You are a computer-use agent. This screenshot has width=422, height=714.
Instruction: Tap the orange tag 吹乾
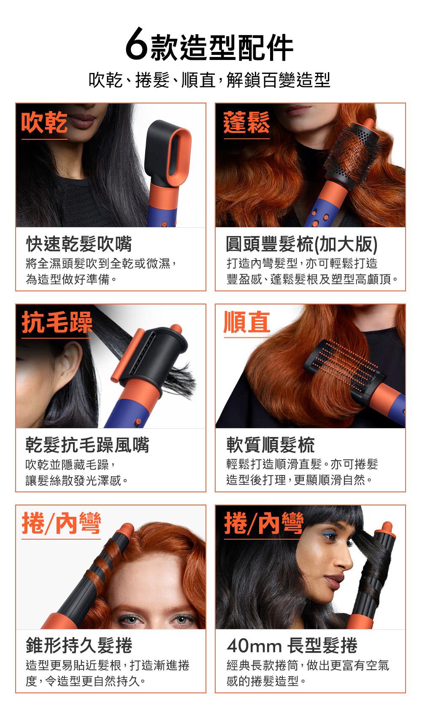click(x=44, y=122)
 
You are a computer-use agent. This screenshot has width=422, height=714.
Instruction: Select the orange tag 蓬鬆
click(x=246, y=122)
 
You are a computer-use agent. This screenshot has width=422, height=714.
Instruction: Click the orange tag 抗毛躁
click(x=57, y=323)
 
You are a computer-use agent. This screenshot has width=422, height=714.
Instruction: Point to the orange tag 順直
click(x=247, y=323)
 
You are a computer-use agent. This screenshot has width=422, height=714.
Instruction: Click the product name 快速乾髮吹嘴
click(x=78, y=244)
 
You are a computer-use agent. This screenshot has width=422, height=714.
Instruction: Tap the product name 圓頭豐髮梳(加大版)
click(x=302, y=244)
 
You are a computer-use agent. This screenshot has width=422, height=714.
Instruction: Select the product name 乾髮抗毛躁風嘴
click(x=87, y=445)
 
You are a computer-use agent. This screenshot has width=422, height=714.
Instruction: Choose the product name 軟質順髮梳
click(x=271, y=445)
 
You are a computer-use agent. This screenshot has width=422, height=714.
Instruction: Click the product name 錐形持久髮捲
click(x=78, y=646)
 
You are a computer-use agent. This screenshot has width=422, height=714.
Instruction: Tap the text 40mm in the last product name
click(x=254, y=646)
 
